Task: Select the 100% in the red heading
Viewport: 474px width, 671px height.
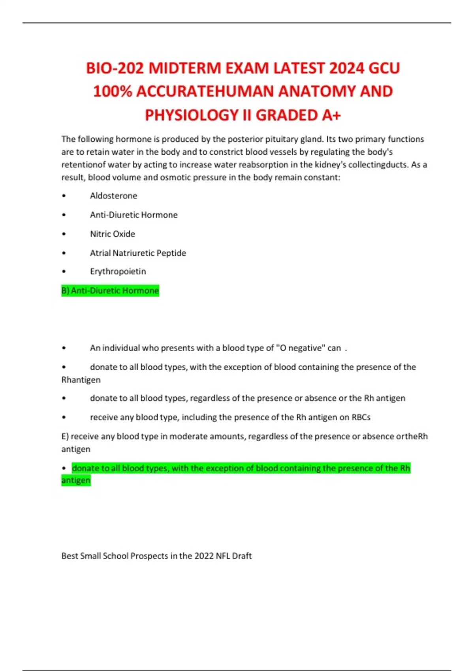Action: coord(112,92)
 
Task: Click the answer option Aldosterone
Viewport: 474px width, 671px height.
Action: coord(113,196)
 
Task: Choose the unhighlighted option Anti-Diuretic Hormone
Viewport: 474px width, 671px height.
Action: coord(134,215)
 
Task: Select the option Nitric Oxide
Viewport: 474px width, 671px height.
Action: coord(112,234)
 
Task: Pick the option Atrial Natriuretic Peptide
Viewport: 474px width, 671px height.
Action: coord(138,253)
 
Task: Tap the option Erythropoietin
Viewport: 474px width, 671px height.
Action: coord(118,272)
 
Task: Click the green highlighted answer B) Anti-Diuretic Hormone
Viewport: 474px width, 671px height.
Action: coord(110,291)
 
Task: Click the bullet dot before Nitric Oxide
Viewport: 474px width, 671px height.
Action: coord(64,234)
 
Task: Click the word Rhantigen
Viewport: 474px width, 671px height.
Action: coord(81,380)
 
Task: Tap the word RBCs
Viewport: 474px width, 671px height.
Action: coord(361,417)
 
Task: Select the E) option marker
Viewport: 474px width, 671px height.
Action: coord(65,436)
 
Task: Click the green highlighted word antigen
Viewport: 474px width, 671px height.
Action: coord(76,480)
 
